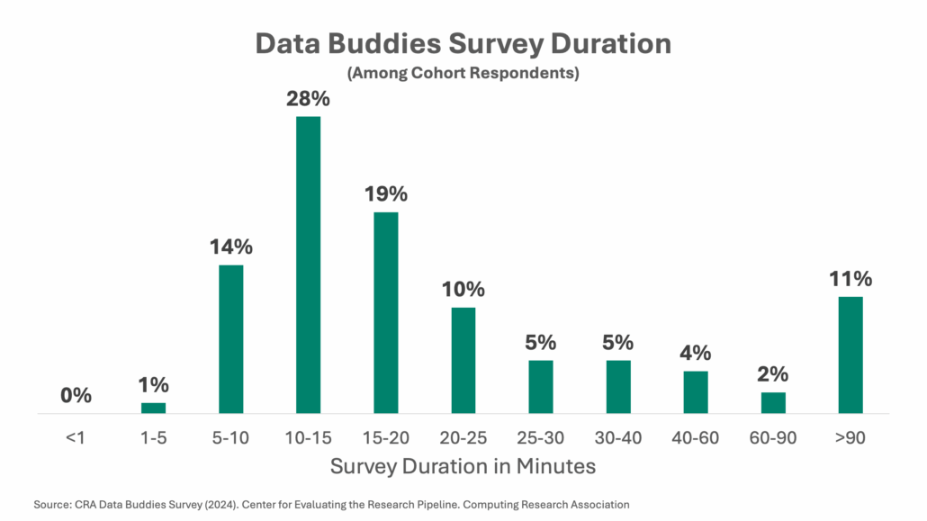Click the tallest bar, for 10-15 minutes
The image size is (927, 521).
click(308, 265)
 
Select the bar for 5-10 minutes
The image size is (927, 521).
click(230, 338)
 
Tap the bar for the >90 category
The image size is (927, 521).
click(850, 355)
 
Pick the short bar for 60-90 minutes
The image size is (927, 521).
click(773, 403)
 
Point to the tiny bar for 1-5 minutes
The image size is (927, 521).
click(153, 408)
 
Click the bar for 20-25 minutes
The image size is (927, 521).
click(463, 360)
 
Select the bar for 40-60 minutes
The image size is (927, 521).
click(696, 392)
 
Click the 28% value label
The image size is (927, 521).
click(308, 99)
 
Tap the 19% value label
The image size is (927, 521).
click(385, 194)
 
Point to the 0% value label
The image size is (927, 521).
click(76, 395)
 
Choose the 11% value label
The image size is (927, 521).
click(850, 279)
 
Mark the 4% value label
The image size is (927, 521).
click(696, 353)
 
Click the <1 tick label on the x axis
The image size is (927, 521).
click(76, 438)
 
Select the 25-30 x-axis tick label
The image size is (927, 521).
click(541, 438)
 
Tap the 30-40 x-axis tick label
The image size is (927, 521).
click(618, 438)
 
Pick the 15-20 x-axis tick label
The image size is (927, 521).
click(385, 438)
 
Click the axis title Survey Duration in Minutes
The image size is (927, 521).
click(463, 466)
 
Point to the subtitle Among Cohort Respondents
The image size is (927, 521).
click(463, 73)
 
